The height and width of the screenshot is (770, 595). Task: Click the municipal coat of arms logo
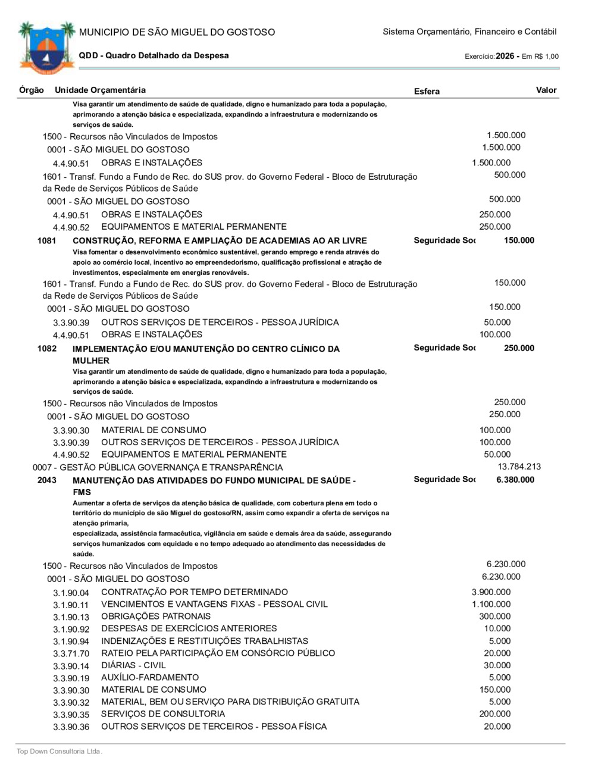click(x=46, y=48)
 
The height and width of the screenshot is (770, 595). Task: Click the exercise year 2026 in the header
click(x=505, y=56)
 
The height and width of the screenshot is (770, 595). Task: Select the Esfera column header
click(x=427, y=91)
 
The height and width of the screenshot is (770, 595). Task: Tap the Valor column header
click(x=546, y=90)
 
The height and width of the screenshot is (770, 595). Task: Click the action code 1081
click(x=46, y=240)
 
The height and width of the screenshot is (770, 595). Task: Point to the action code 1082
click(x=46, y=348)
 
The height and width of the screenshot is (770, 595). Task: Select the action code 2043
click(x=46, y=480)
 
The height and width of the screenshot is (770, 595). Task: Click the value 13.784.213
click(x=519, y=467)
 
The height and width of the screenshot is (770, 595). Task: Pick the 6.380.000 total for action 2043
click(x=515, y=480)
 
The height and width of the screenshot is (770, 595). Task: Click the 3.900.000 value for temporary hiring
click(x=491, y=592)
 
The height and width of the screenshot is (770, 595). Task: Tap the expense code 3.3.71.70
click(x=71, y=654)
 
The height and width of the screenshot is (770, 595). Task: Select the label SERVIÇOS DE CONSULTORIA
click(x=163, y=713)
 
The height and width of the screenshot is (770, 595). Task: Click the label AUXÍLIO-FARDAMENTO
click(x=150, y=677)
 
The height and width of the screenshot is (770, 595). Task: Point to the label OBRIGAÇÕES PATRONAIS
click(x=156, y=616)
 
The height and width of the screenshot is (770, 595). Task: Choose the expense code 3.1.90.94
click(x=71, y=641)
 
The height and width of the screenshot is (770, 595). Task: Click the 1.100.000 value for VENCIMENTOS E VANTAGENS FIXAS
click(x=491, y=604)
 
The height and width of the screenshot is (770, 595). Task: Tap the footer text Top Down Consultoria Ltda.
click(x=59, y=752)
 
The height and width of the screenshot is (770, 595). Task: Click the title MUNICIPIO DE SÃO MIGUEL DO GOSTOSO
click(x=177, y=32)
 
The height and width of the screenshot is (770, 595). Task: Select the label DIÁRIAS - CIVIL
click(x=133, y=665)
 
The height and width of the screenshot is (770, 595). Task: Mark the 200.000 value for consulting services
click(x=494, y=713)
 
